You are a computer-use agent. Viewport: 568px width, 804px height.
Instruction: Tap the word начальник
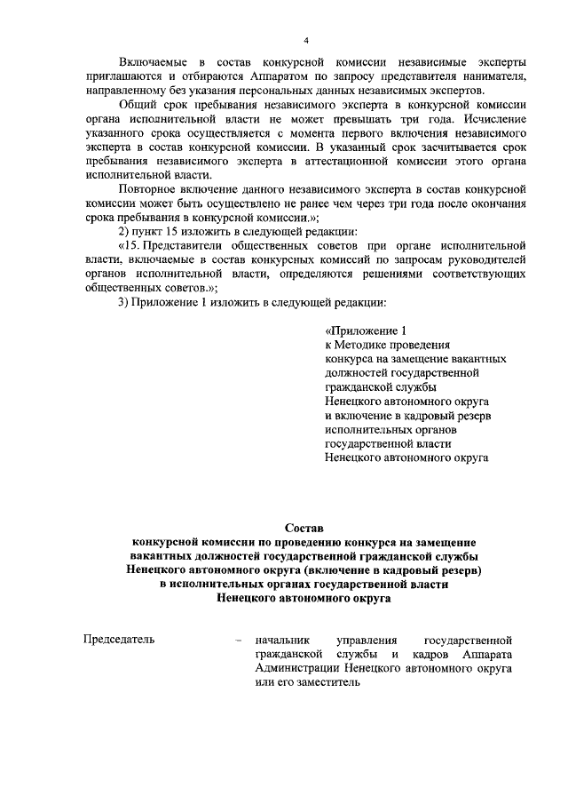(x=281, y=639)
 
